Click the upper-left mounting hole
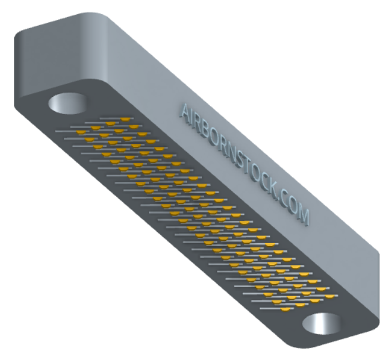click(x=67, y=103)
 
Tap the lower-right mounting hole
click(x=323, y=324)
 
